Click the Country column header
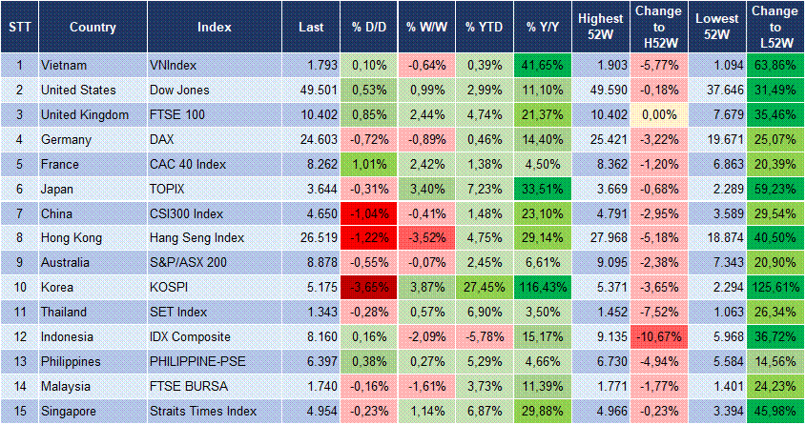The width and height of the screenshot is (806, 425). [93, 27]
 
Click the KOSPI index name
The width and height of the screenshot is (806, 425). [170, 287]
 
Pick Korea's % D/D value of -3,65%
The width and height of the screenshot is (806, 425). [367, 287]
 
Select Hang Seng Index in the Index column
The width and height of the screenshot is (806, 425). [196, 237]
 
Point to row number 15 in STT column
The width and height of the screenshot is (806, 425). [19, 411]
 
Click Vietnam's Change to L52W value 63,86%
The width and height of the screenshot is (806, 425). [774, 65]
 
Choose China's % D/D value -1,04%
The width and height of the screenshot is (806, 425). [367, 212]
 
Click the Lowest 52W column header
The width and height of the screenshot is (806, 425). [717, 27]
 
